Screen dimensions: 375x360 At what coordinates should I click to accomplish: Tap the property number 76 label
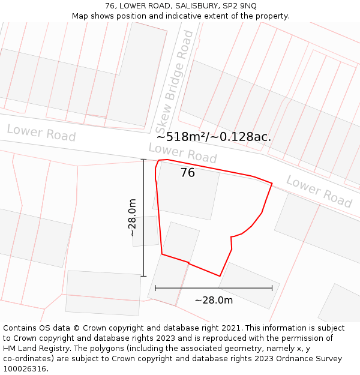tap(187, 173)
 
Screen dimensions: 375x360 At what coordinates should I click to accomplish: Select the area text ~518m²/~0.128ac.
tap(214, 137)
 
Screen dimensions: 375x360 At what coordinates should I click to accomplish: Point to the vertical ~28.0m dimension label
tap(133, 218)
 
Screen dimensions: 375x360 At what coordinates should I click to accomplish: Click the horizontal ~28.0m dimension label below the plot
tap(214, 300)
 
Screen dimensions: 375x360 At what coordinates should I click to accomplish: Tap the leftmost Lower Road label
tap(41, 133)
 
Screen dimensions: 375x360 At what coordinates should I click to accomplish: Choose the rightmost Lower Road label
tap(319, 191)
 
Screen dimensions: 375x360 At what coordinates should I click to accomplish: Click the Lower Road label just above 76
tap(182, 153)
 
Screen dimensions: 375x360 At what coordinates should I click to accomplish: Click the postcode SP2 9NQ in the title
tap(239, 6)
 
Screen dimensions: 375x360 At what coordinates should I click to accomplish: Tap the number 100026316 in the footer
tap(25, 368)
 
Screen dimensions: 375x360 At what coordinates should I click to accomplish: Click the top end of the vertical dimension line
tap(143, 160)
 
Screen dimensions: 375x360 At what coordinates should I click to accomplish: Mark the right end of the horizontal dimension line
tap(272, 288)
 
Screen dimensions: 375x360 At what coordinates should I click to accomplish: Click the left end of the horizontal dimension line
tap(155, 288)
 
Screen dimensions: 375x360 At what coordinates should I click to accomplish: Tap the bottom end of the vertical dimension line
tap(143, 276)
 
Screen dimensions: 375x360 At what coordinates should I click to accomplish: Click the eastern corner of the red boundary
tap(272, 184)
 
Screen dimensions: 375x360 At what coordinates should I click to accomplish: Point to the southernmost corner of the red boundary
tap(220, 276)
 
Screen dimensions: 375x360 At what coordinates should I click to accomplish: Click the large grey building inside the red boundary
tap(187, 192)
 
